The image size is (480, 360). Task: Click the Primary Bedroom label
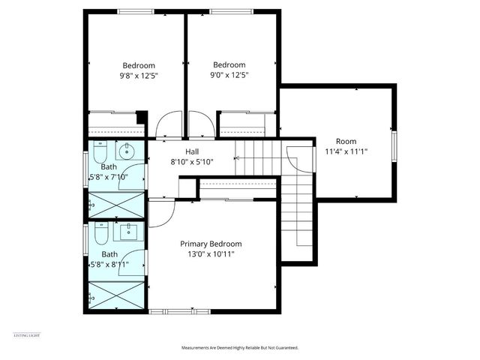(211, 244)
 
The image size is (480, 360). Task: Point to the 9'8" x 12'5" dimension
(139, 75)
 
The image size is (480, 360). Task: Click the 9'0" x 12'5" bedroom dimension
(229, 75)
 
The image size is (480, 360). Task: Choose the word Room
(346, 141)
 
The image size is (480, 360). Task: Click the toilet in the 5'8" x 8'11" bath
(99, 238)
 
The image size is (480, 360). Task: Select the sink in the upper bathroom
(127, 148)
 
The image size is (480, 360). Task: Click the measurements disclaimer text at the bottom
(240, 348)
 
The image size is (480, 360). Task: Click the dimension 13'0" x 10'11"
(211, 254)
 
